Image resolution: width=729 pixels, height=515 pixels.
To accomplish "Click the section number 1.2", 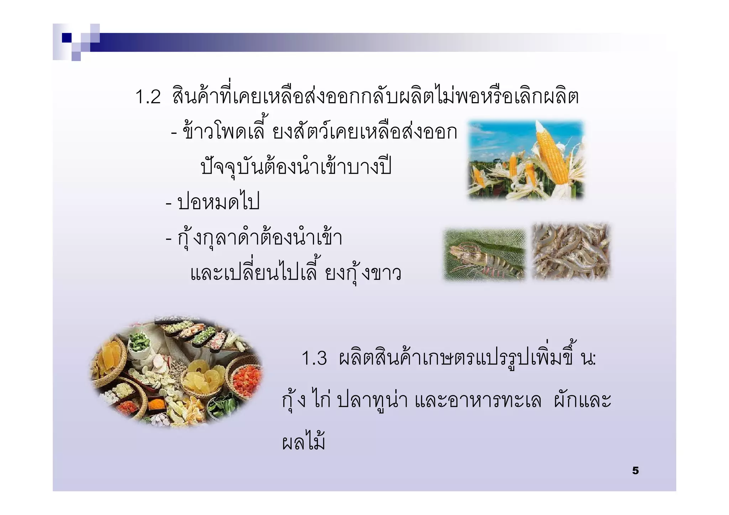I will (148, 97).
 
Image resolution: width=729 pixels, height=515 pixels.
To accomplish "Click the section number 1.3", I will (314, 358).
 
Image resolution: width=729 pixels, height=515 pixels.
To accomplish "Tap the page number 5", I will (635, 471).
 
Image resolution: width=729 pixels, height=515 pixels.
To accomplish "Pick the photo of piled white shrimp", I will (571, 251).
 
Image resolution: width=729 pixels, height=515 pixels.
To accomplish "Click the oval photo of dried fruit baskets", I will (176, 372).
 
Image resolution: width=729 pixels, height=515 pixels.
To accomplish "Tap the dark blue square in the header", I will (67, 38).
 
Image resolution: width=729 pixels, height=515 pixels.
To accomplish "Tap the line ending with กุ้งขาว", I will (295, 273).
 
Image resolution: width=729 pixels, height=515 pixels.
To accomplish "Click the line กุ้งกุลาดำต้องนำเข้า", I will (260, 238).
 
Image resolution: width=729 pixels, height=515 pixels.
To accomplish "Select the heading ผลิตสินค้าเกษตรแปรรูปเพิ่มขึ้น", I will (466, 358).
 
